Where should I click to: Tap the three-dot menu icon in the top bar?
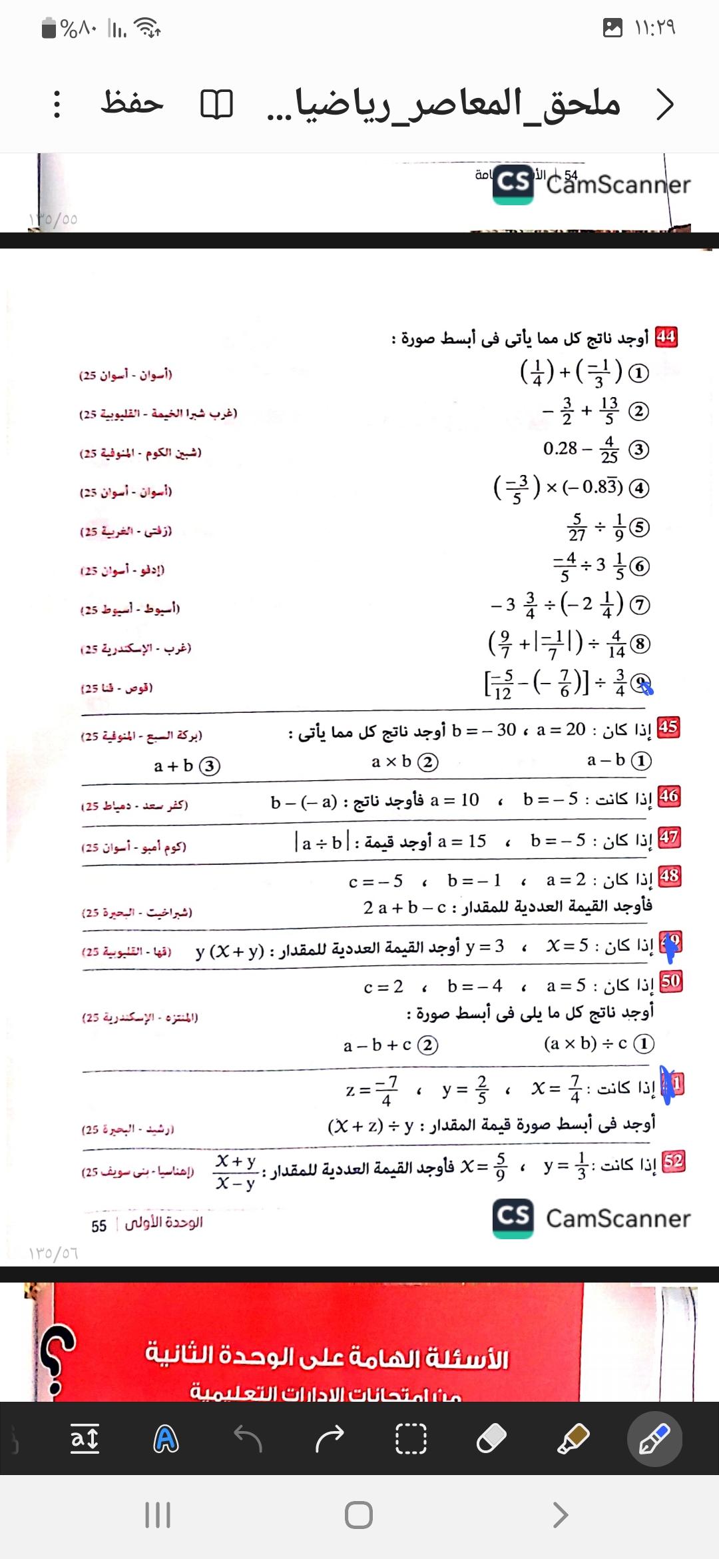57,105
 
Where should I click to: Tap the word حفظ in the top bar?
132,103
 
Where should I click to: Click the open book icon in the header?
216,105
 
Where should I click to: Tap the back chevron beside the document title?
664,105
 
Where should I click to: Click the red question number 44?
666,337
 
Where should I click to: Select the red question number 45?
668,727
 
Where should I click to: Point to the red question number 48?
669,876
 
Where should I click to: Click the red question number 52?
673,1161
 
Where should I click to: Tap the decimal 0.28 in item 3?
560,448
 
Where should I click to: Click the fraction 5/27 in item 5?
577,527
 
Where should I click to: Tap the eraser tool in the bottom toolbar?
491,1439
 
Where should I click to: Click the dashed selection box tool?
411,1439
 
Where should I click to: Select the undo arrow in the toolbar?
249,1439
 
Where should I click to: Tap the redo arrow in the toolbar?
330,1439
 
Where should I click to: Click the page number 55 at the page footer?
99,1226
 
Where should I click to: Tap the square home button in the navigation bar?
359,1515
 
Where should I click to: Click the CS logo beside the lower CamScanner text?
513,1218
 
